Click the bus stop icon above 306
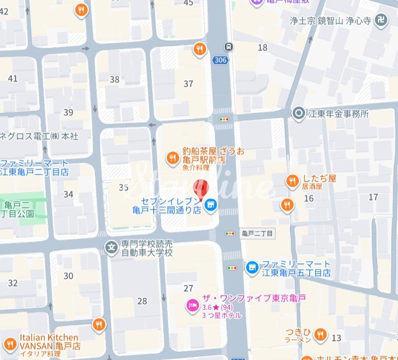(228, 47)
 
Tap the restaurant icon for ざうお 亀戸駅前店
(173, 158)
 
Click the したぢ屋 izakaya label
(319, 179)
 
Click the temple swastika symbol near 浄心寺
(381, 21)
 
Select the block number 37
(188, 84)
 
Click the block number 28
(142, 301)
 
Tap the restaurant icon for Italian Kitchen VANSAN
(99, 325)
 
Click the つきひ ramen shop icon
(321, 334)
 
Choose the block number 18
(263, 48)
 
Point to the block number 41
(12, 78)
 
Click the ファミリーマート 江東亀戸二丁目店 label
(35, 168)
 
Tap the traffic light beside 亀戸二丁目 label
(230, 233)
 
